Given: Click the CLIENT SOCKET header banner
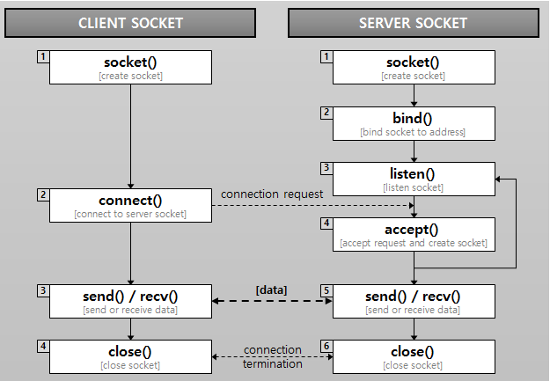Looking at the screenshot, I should pos(130,22).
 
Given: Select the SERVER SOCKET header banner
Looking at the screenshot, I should pos(413,22).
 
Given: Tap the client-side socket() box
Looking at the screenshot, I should pos(130,67).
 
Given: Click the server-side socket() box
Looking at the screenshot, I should pos(413,67).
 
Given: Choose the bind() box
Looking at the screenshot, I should pos(413,123).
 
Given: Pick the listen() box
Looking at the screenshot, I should pos(413,180).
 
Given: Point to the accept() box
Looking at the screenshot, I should pos(413,235).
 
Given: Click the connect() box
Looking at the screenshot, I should pos(130,205).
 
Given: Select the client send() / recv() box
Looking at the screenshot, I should pos(130,302).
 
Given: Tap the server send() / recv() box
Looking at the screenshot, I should pos(413,302).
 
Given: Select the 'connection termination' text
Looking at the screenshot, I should pos(272,357).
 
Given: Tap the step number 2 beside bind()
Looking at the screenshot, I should pos(326,113).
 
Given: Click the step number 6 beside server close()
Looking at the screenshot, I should pos(326,347).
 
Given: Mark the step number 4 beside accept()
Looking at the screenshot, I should pos(326,224).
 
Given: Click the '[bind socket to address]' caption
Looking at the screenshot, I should pos(413,132).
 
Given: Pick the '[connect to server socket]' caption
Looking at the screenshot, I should pos(130,215).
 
